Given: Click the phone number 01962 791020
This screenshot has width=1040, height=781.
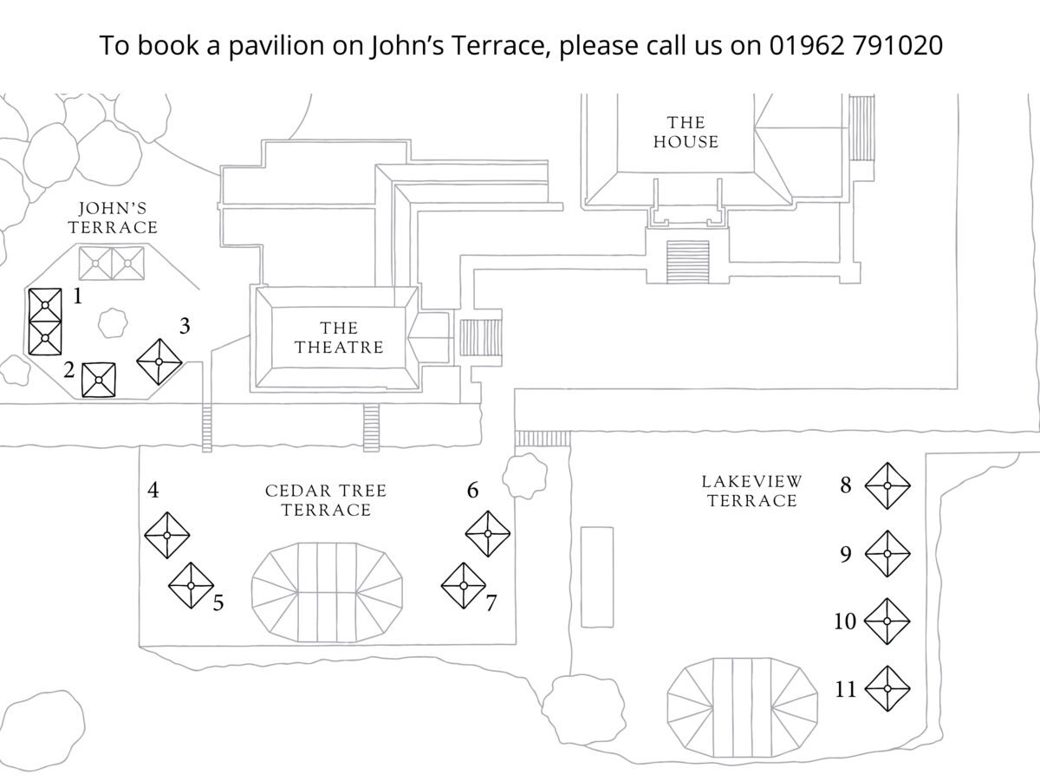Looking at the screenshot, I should pos(855,45).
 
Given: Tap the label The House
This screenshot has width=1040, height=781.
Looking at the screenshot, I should pos(686,132).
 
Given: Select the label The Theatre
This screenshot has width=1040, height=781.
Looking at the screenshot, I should pos(339,338).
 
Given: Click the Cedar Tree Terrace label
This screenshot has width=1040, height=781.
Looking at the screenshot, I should pos(326,500).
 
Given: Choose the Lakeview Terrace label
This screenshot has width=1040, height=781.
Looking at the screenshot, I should pos(752,491).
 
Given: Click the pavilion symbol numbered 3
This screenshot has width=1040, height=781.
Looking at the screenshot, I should pos(160,361).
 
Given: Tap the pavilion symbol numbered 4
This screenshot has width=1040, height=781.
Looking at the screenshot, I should pos(167,535).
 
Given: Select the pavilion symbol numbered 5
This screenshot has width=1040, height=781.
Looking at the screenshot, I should pos(191,585).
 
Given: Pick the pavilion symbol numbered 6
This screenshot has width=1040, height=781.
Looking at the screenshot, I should pos(488,534).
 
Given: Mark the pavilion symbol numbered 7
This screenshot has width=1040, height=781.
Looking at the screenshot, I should pos(464,586).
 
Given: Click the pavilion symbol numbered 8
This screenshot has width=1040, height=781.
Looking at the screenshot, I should pos(887,485).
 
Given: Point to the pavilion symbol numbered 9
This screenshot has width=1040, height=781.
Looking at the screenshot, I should pos(887,553).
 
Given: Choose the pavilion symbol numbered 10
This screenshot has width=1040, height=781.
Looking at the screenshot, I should pos(887,621).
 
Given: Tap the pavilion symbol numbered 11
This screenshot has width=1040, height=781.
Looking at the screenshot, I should pos(887,688).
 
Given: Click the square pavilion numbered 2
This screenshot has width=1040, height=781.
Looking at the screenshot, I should pos(99,380).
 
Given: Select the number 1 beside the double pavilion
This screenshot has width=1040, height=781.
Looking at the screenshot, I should pos(78,297).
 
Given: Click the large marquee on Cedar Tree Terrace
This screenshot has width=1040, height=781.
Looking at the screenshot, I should pos(327,592).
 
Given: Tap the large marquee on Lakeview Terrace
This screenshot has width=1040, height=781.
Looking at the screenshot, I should pos(743,699).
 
